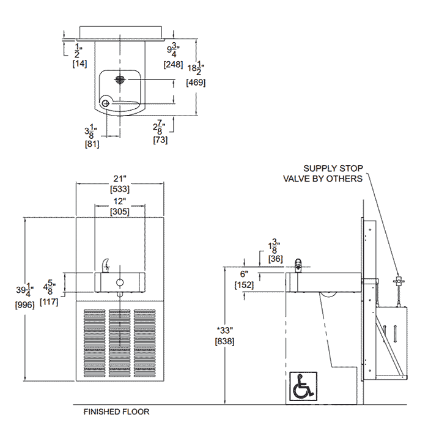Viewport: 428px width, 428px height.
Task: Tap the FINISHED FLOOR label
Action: pos(116,412)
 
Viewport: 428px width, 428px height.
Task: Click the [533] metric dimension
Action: pos(119,189)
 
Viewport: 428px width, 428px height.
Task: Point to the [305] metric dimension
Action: pos(119,212)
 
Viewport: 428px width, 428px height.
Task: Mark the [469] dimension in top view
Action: pos(196,83)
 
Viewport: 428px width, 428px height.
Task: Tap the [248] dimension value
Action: pos(173,64)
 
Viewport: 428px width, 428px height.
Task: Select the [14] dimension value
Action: pos(79,64)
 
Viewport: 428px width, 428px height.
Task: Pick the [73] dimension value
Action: pos(161,140)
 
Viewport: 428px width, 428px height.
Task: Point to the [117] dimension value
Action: pos(49,300)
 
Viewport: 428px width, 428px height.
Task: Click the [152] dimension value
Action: pos(244,285)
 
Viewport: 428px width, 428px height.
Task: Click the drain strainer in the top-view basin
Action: pos(120,79)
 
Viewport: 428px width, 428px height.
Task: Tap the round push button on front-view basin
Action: pos(120,282)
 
